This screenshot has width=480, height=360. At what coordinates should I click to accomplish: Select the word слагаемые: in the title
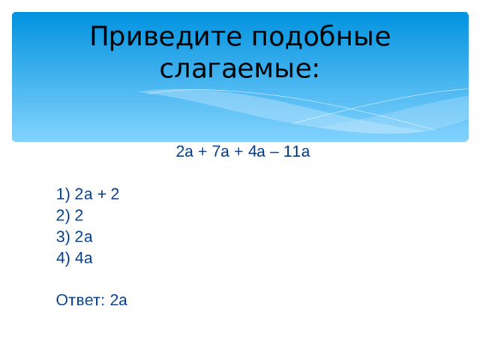[240, 69]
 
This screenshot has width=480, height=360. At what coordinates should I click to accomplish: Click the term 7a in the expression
[222, 152]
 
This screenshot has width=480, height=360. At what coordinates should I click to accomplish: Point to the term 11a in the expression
[297, 152]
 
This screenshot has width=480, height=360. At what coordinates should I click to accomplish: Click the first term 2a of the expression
[184, 152]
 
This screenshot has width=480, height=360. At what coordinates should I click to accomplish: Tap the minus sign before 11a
[275, 152]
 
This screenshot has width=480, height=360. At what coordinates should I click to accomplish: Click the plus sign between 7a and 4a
[238, 152]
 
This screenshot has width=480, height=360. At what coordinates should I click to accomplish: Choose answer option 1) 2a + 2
[88, 195]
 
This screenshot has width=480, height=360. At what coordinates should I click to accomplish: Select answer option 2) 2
[69, 216]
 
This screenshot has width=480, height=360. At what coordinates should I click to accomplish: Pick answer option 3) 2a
[74, 237]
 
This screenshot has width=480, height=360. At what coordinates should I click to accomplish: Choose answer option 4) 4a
[74, 258]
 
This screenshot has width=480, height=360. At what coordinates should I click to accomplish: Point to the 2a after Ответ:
[118, 301]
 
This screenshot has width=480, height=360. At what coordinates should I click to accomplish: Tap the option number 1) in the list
[63, 195]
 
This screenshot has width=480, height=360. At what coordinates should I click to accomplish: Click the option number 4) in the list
[63, 258]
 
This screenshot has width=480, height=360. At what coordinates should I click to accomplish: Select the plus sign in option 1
[102, 195]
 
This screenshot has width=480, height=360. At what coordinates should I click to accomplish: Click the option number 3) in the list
[63, 237]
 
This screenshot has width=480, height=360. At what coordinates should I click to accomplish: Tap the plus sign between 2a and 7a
[202, 152]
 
